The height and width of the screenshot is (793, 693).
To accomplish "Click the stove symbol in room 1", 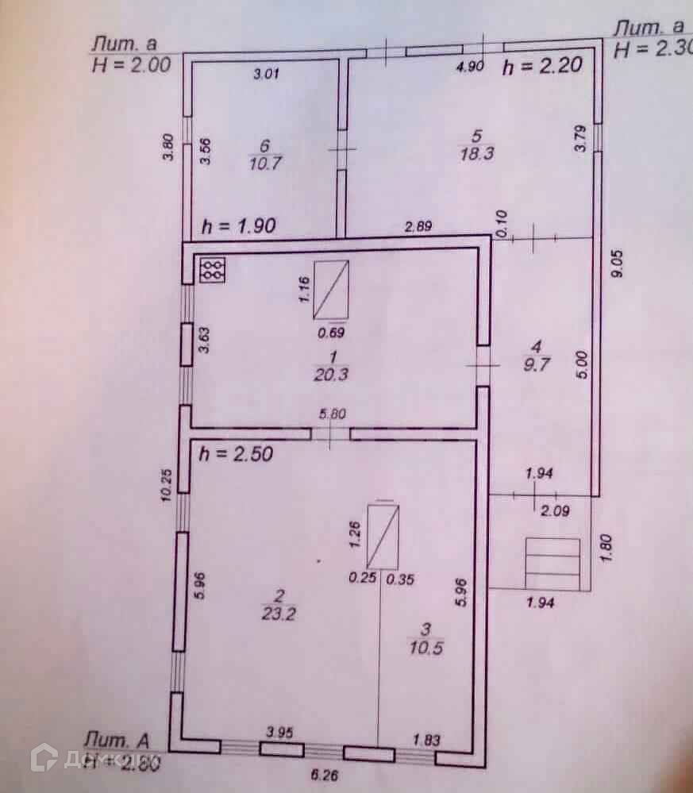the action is click(213, 269).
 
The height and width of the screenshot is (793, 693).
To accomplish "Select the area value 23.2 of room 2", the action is click(275, 611).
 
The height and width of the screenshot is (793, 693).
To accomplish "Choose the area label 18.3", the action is click(479, 154).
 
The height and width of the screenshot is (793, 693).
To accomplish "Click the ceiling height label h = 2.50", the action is click(237, 455).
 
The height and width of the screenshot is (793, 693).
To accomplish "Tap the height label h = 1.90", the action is click(238, 225).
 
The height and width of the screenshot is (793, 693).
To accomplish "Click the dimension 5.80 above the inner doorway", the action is click(330, 414).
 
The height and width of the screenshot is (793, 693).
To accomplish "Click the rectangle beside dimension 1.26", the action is click(383, 537).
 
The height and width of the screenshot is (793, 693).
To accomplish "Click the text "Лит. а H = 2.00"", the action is click(132, 55).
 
